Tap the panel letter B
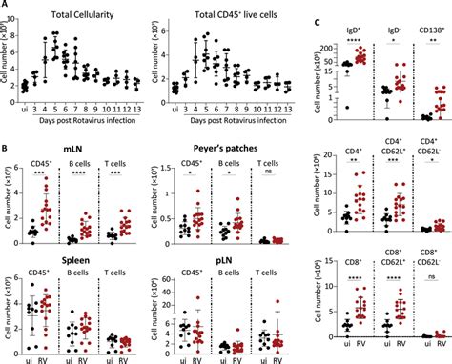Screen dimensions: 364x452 [x=5, y=152]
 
